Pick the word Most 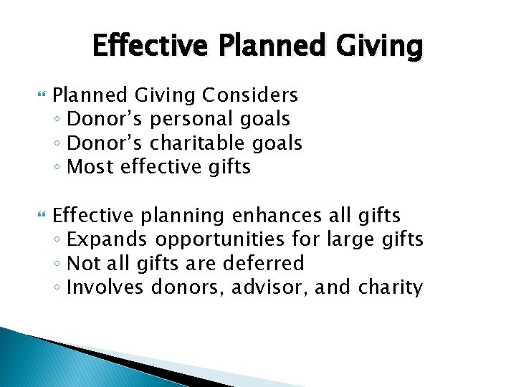(x=91, y=168)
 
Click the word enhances (x=275, y=215)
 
